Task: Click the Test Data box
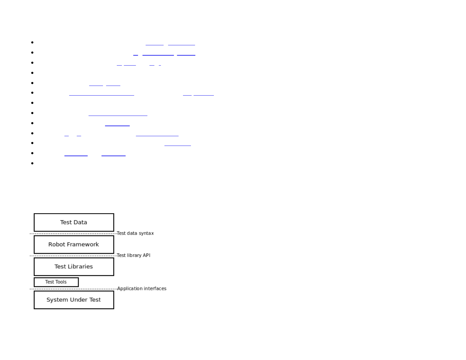tap(74, 222)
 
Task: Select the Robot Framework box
tap(74, 244)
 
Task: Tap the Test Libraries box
tap(74, 266)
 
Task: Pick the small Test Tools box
tap(56, 282)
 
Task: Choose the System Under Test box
tap(74, 300)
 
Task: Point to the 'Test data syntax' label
tap(135, 233)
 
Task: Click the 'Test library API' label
tap(134, 255)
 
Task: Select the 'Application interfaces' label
tap(142, 289)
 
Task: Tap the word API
tap(147, 255)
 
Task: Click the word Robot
tap(56, 244)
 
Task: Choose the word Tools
tap(61, 282)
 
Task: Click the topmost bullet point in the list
tap(32, 43)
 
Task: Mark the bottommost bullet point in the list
tap(32, 163)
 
